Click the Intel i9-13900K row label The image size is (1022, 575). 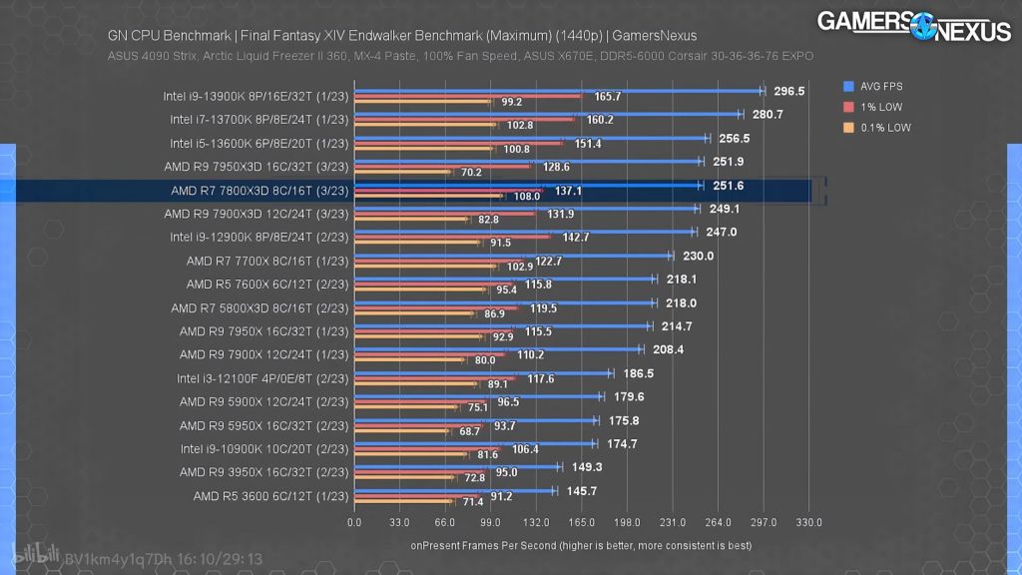tap(255, 97)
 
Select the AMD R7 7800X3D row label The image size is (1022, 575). tap(258, 190)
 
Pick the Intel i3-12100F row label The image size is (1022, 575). tap(261, 378)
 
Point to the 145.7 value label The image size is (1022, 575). tap(580, 490)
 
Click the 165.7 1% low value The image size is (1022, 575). tap(607, 97)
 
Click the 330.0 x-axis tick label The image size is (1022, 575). tap(809, 522)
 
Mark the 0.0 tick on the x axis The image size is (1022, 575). tap(354, 522)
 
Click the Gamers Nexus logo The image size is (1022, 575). tap(915, 25)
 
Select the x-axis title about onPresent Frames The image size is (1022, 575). tap(581, 546)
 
